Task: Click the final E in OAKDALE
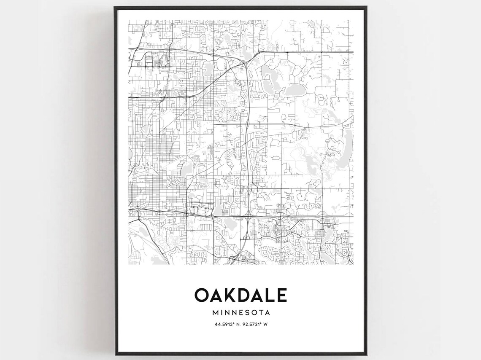[282, 295]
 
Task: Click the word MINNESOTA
[241, 313]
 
